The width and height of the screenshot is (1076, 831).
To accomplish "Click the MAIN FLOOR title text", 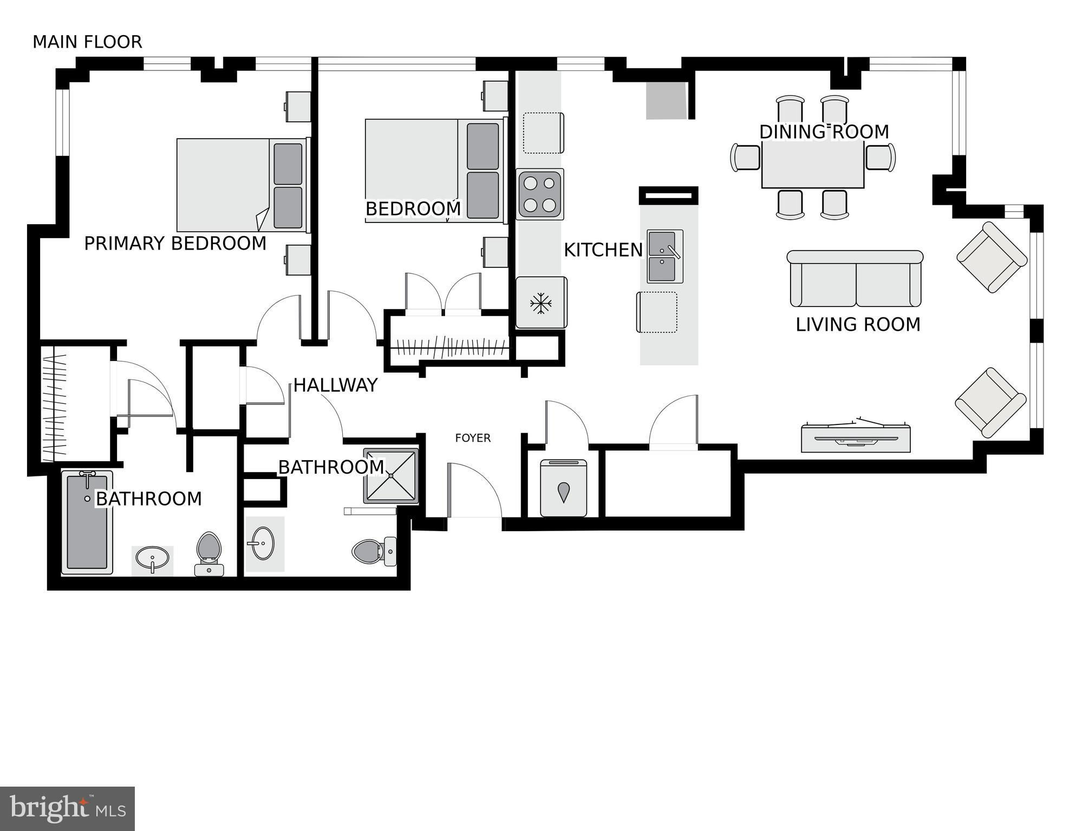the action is [x=87, y=42].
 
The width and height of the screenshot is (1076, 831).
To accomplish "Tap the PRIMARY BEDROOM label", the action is [x=175, y=244].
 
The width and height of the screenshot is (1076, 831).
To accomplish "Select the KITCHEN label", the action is [x=603, y=250].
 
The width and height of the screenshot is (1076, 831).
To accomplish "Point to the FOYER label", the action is [x=473, y=438].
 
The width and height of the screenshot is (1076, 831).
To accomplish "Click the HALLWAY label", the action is [x=335, y=385].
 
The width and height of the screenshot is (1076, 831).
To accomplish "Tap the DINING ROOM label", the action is [x=824, y=132].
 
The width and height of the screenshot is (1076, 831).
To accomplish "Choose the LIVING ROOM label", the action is [x=858, y=325].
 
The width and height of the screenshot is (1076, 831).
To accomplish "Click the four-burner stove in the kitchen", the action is [x=540, y=194].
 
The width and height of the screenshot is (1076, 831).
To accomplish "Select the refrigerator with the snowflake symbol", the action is [x=541, y=303].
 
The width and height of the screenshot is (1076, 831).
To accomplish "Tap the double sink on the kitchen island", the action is [x=665, y=256].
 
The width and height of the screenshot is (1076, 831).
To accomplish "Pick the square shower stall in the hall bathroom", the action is [x=391, y=476].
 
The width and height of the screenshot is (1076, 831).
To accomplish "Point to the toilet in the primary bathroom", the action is [x=209, y=553].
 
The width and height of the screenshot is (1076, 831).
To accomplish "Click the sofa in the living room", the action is [x=855, y=279].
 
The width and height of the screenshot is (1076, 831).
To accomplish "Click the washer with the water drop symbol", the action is [x=564, y=488].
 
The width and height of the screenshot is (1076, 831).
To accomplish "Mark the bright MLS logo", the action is [x=67, y=808].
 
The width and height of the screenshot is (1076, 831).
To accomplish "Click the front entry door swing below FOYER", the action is [x=474, y=490].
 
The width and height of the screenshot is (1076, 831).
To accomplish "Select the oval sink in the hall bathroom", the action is [x=263, y=543].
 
